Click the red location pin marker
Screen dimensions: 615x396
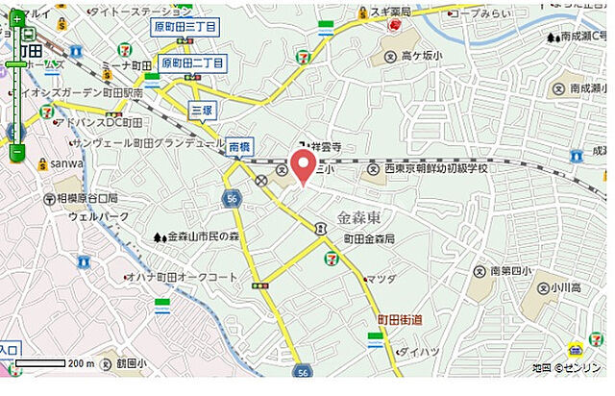click(305, 165)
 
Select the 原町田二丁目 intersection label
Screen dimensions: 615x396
click(193, 63)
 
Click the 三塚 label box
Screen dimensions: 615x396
click(201, 110)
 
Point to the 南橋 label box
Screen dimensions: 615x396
click(239, 146)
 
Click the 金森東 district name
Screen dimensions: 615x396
click(363, 216)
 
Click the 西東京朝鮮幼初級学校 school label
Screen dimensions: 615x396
click(437, 168)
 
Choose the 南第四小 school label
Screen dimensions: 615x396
click(509, 271)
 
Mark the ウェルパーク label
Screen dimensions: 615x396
click(92, 216)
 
